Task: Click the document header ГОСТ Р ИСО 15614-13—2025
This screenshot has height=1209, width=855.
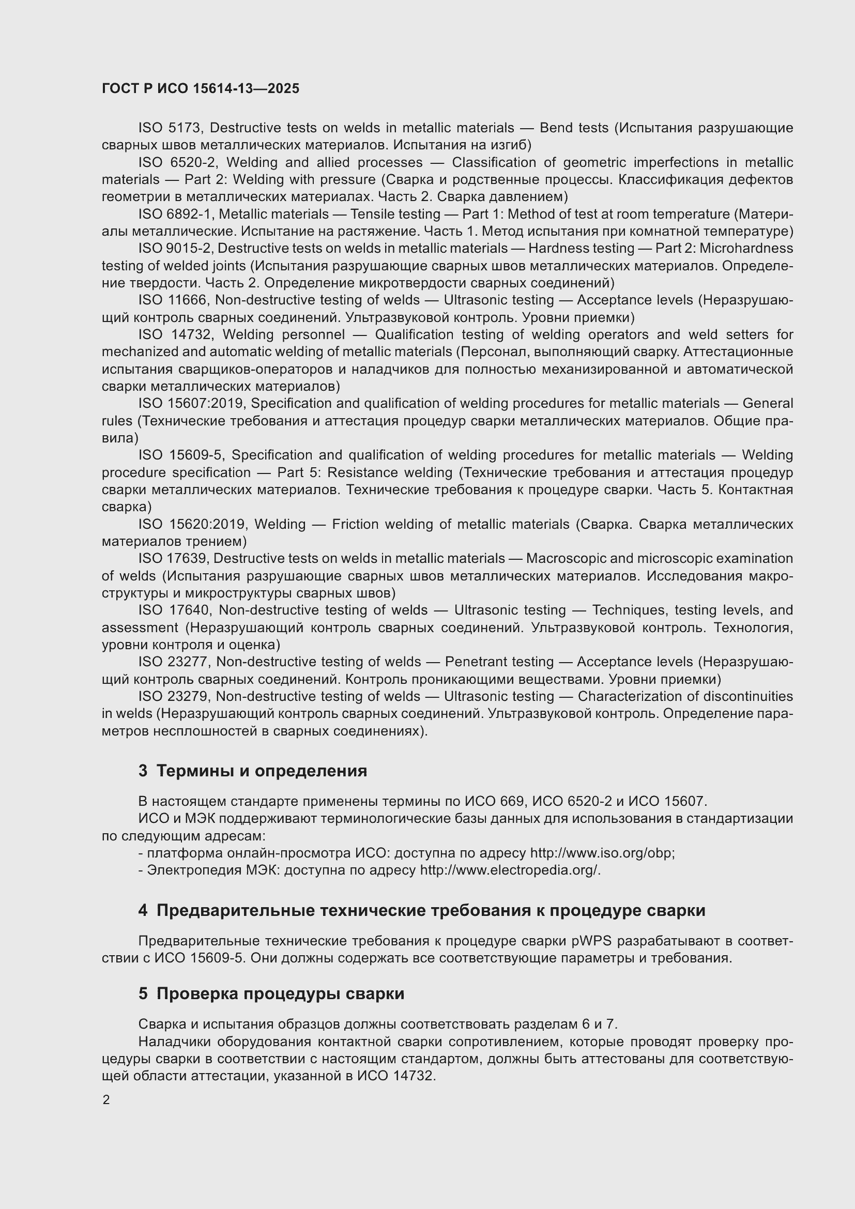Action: point(201,88)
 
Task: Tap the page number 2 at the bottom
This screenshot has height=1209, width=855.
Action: point(106,1100)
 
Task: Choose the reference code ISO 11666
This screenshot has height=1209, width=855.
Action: point(174,300)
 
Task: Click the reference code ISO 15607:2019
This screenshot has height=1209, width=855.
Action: point(192,403)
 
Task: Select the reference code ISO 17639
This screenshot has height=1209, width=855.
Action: point(174,559)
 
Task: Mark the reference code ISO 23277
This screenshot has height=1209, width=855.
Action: point(174,662)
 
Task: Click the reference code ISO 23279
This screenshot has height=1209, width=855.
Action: point(174,697)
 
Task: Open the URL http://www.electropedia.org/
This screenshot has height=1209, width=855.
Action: point(510,870)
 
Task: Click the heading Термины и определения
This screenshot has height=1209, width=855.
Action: point(262,771)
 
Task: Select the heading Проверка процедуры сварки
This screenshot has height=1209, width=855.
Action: point(280,994)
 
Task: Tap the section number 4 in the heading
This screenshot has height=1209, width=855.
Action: point(143,910)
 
